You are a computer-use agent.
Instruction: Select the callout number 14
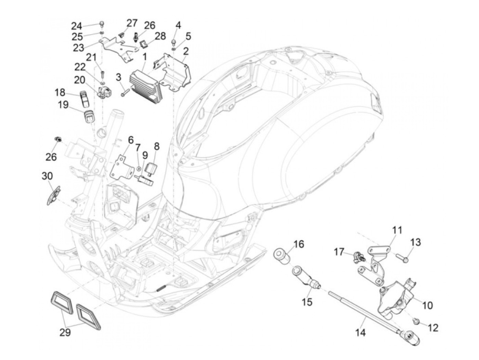(361, 332)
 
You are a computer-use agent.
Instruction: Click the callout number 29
(65, 332)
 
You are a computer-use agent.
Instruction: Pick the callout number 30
(47, 176)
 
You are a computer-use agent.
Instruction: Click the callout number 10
(428, 305)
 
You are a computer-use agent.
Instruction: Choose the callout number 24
(77, 26)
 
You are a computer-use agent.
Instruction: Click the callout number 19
(63, 104)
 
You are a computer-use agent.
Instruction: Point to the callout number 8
(156, 146)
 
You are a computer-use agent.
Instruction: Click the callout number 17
(339, 252)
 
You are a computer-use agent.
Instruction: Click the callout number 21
(91, 57)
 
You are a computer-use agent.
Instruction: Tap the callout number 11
(397, 230)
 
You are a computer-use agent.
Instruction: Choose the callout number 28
(160, 36)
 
